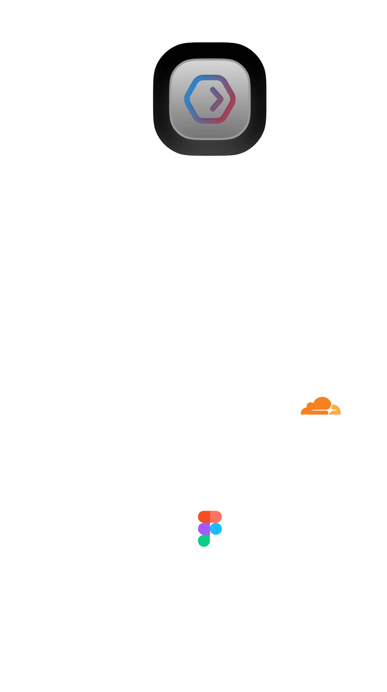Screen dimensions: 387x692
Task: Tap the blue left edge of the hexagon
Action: tap(187, 99)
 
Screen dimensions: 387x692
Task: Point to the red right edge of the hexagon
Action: tap(233, 99)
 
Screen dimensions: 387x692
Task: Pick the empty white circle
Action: tap(94, 292)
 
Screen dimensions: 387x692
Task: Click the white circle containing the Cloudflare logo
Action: tap(321, 429)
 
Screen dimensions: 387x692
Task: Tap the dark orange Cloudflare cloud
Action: tap(317, 406)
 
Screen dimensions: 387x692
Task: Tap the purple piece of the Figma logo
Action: tap(204, 529)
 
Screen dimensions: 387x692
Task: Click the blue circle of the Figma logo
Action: tap(216, 529)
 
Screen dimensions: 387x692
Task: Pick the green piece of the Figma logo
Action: tap(204, 541)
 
